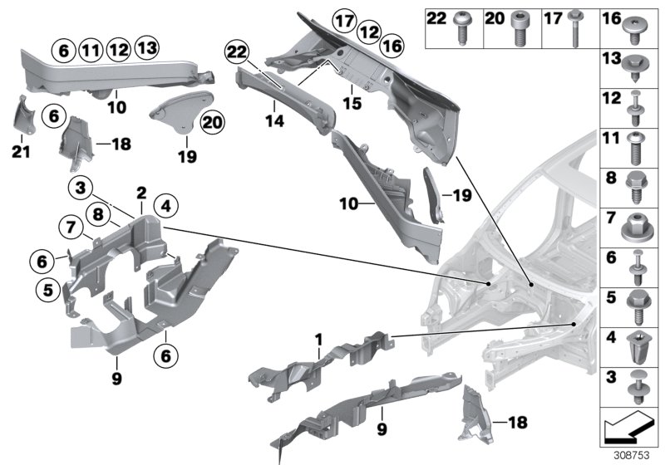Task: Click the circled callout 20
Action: click(x=212, y=122)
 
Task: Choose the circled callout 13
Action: click(x=146, y=48)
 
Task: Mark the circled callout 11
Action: click(x=91, y=49)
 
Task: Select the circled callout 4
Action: click(x=165, y=204)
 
